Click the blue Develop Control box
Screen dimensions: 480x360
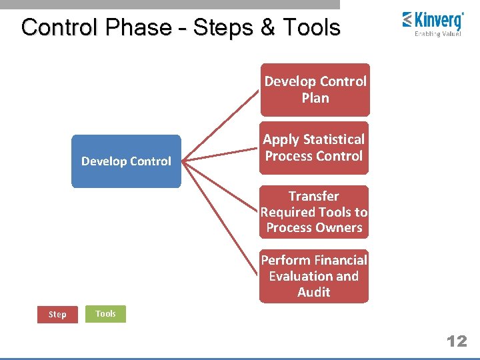[126, 161]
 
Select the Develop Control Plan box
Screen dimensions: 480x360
[315, 89]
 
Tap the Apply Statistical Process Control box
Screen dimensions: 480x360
[314, 147]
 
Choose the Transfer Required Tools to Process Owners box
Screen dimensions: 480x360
[314, 212]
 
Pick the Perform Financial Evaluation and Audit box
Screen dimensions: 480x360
[314, 276]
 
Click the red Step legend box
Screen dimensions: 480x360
[57, 314]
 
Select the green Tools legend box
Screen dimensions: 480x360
[105, 313]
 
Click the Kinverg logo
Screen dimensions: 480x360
[433, 22]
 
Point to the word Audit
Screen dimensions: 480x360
[314, 292]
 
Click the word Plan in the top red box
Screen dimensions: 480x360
[315, 98]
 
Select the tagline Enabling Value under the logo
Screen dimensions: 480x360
[437, 34]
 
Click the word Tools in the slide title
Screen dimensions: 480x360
[311, 27]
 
